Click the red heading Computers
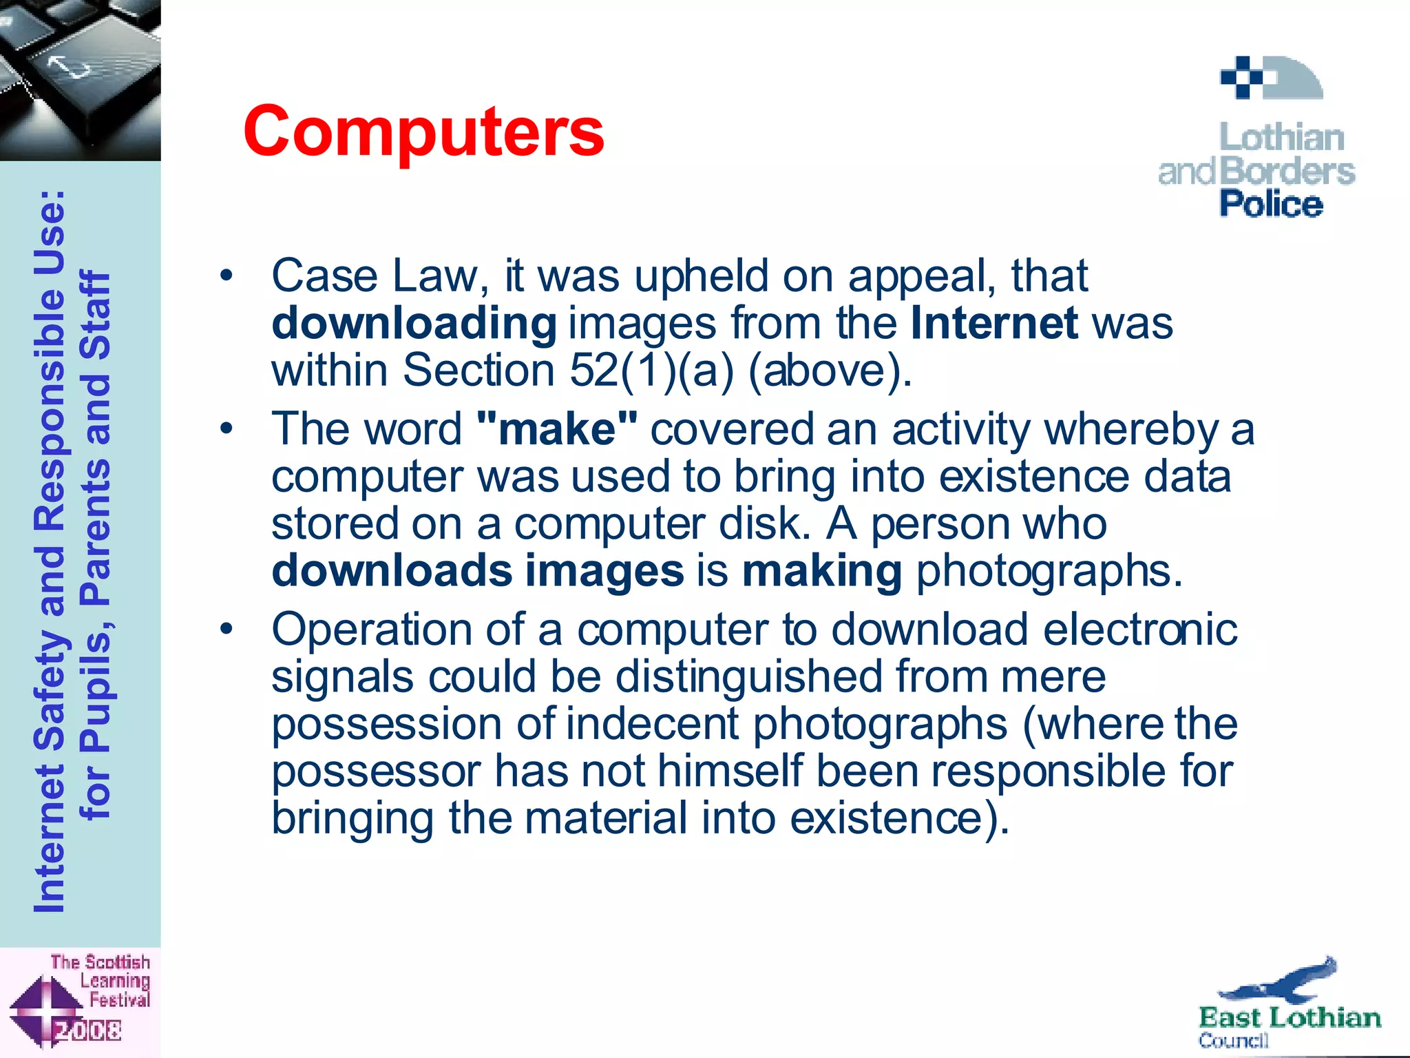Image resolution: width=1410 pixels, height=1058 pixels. click(423, 132)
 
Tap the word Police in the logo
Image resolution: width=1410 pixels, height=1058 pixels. click(1271, 205)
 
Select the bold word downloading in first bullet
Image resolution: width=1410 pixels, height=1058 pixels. click(414, 324)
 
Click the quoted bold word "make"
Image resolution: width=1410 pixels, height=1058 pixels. click(557, 429)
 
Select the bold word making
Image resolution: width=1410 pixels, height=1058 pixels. click(821, 571)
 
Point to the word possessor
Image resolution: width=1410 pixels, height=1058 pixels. click(376, 771)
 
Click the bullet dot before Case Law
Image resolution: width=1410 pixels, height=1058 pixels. click(227, 277)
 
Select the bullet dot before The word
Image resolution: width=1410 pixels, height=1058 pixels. click(227, 430)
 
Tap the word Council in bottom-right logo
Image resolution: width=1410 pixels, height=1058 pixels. click(1232, 1040)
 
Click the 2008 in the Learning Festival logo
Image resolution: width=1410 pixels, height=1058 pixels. click(88, 1030)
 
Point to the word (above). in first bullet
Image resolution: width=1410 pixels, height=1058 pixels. click(830, 371)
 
